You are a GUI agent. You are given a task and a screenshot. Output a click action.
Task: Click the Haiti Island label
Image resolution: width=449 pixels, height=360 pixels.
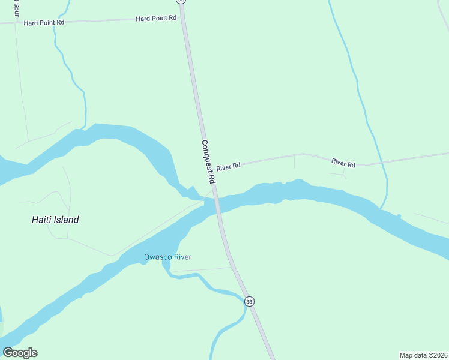pos(55,220)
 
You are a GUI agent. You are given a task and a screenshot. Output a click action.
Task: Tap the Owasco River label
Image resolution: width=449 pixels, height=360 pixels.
pos(167,257)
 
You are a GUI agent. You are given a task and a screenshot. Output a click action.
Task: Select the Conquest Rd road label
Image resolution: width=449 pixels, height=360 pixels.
pos(208,162)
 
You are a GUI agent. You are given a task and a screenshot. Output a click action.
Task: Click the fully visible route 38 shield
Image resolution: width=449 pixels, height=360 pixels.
pos(249,301)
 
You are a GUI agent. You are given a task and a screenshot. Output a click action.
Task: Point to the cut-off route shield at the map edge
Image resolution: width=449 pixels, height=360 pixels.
pos(181,2)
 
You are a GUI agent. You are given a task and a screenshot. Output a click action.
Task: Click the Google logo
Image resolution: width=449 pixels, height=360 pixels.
pos(20,352)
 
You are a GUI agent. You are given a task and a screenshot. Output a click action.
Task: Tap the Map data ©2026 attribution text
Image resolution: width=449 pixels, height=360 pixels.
pos(423,355)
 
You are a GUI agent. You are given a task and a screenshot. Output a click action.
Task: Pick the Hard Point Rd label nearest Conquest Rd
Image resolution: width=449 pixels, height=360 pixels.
pos(156,18)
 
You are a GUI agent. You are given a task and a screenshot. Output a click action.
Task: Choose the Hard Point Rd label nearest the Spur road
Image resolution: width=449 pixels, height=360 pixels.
pos(43,22)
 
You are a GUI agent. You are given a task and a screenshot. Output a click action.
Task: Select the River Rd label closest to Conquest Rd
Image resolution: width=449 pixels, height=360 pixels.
pos(228,166)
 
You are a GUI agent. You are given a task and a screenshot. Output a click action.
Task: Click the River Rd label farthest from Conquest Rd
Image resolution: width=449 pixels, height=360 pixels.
pos(343,164)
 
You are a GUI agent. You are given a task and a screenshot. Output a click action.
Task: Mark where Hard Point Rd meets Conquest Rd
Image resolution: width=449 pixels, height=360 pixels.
pos(182,17)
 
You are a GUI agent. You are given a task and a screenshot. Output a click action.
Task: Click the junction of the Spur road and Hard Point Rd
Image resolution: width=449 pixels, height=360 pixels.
pos(15,23)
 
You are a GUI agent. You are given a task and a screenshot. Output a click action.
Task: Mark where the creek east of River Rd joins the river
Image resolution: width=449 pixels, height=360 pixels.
pos(382,209)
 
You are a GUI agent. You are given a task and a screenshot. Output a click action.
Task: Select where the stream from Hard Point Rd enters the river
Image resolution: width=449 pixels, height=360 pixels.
pos(86,127)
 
